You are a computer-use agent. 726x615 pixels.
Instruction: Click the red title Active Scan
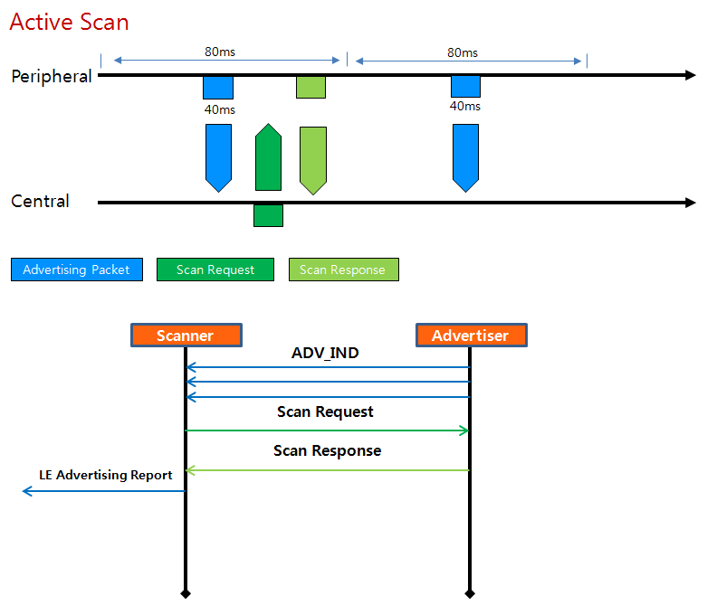[69, 22]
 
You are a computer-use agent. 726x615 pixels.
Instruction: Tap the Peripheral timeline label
[52, 77]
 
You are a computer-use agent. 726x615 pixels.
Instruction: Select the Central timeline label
[40, 202]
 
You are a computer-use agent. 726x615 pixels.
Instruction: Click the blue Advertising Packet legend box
[77, 270]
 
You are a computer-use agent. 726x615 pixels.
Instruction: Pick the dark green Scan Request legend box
[215, 270]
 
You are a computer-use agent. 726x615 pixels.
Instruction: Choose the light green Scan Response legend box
[343, 270]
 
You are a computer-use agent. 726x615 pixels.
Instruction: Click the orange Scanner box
[186, 336]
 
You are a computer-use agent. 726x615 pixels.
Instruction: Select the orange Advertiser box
[471, 336]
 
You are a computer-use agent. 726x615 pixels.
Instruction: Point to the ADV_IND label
[325, 354]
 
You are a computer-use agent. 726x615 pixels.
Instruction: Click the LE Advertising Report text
[106, 475]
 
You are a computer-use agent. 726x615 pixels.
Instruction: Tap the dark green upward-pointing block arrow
[268, 158]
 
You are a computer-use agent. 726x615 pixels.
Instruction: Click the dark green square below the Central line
[268, 215]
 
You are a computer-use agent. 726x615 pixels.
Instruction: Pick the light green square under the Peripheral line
[310, 88]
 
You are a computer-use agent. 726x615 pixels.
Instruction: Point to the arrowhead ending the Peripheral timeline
[691, 75]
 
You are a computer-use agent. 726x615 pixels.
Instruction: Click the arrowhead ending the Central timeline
[691, 203]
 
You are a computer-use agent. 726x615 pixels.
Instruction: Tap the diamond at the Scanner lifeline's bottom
[186, 593]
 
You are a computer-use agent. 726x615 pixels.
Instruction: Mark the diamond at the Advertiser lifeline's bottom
[470, 593]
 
